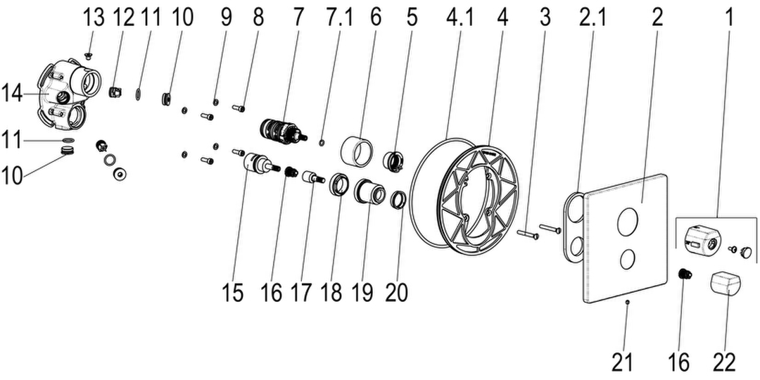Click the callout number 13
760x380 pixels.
tap(94, 18)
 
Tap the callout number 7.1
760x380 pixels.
tap(338, 18)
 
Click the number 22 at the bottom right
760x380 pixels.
tap(724, 362)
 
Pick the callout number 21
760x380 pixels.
tap(622, 362)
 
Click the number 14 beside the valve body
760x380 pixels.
tap(12, 93)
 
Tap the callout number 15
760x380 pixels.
tap(233, 293)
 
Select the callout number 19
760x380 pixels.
tap(362, 293)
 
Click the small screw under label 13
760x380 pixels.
tap(88, 56)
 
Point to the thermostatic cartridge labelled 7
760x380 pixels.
tap(282, 131)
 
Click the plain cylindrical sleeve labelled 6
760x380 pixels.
tap(357, 152)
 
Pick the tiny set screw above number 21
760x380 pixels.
tap(628, 301)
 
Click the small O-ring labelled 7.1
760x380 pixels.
tap(322, 142)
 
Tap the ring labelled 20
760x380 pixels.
tap(398, 199)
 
